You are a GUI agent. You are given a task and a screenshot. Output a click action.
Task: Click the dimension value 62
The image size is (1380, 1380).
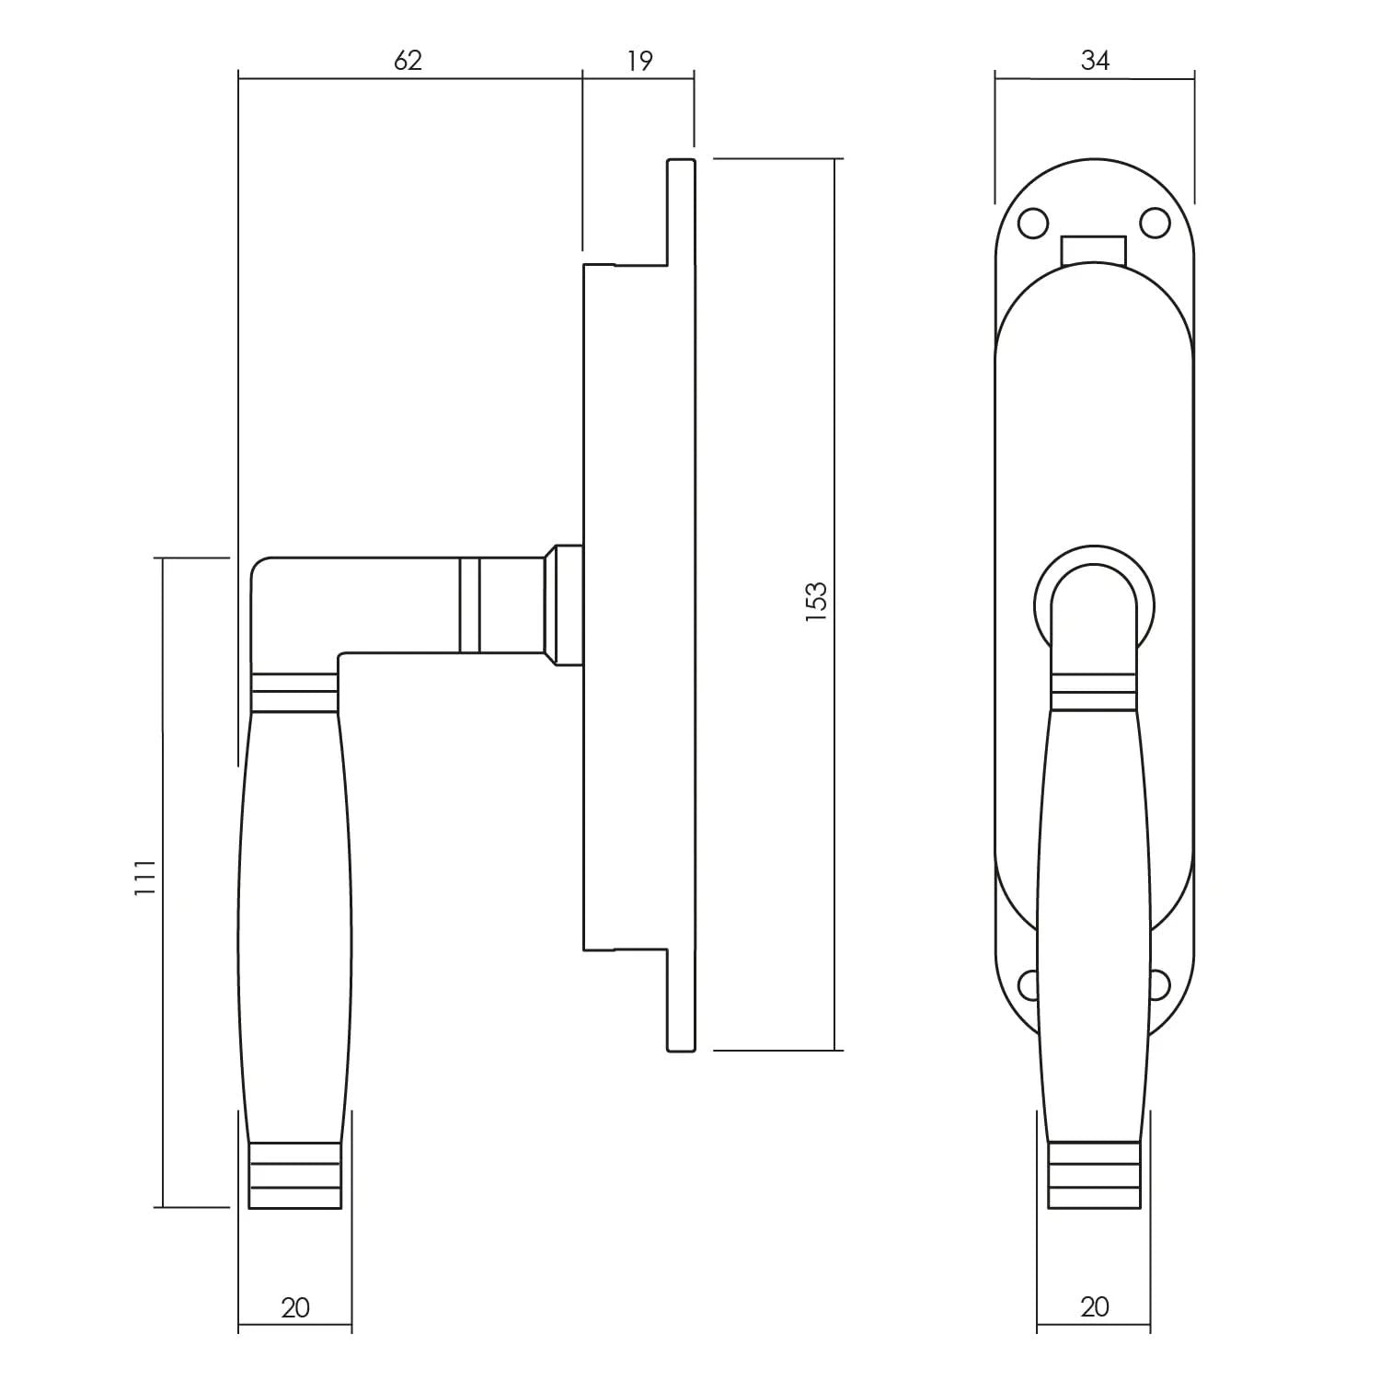point(408,61)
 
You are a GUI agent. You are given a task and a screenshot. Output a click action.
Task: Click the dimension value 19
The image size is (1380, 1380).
point(639,61)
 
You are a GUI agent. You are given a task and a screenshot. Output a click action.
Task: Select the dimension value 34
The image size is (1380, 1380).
point(1095,61)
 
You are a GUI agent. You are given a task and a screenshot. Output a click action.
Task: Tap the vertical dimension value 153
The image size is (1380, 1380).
point(817,602)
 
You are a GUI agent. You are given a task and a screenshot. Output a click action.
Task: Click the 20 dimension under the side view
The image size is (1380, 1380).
point(295,1307)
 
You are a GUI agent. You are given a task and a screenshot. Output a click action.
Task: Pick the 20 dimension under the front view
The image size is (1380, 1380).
point(1095,1307)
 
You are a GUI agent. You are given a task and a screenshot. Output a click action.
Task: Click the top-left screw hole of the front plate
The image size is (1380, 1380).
point(1032,223)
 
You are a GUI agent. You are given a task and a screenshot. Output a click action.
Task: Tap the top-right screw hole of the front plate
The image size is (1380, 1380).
point(1156,223)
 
